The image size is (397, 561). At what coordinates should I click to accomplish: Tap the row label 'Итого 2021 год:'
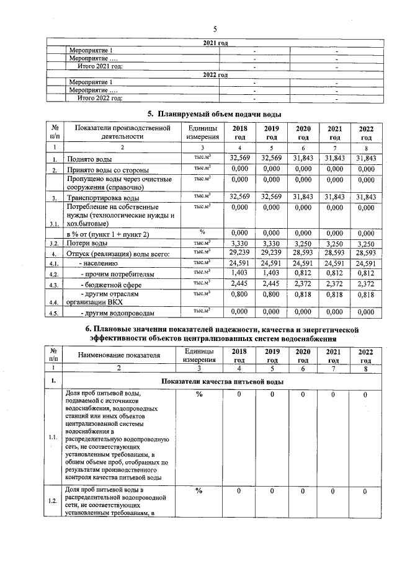pyautogui.click(x=100, y=66)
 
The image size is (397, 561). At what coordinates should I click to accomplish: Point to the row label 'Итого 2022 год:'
pyautogui.click(x=100, y=98)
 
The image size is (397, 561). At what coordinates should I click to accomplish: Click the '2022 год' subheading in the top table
pyautogui.click(x=215, y=74)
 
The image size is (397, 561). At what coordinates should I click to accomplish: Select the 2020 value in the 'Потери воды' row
pyautogui.click(x=303, y=244)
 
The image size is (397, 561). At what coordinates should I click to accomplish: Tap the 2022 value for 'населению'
pyautogui.click(x=366, y=263)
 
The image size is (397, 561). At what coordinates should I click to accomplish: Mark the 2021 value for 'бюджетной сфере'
pyautogui.click(x=335, y=284)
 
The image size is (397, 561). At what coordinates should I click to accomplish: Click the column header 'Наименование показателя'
pyautogui.click(x=118, y=355)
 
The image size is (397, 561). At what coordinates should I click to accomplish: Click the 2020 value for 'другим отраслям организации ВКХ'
pyautogui.click(x=303, y=296)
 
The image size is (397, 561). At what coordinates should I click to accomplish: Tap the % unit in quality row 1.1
pyautogui.click(x=199, y=394)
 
